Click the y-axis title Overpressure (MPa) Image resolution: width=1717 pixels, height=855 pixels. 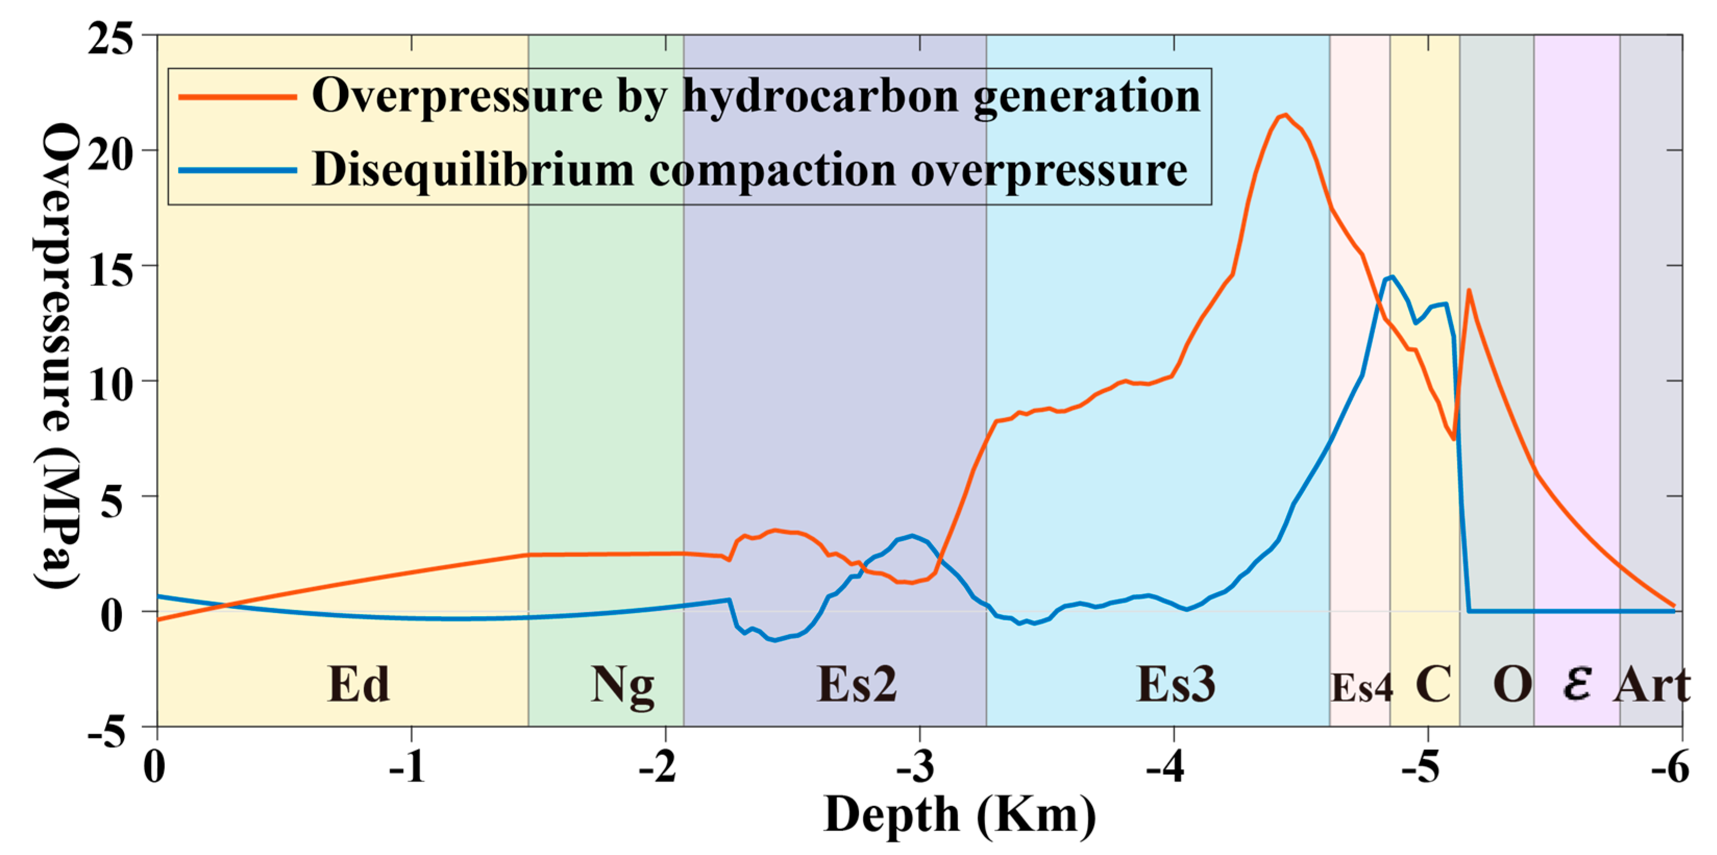[59, 356]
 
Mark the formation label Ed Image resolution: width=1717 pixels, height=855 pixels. [359, 685]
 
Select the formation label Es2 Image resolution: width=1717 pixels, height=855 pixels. [857, 685]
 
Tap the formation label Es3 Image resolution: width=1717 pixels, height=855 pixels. [1176, 685]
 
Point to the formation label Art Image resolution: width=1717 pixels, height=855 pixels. [1652, 685]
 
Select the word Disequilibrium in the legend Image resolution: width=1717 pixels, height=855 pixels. [473, 170]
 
